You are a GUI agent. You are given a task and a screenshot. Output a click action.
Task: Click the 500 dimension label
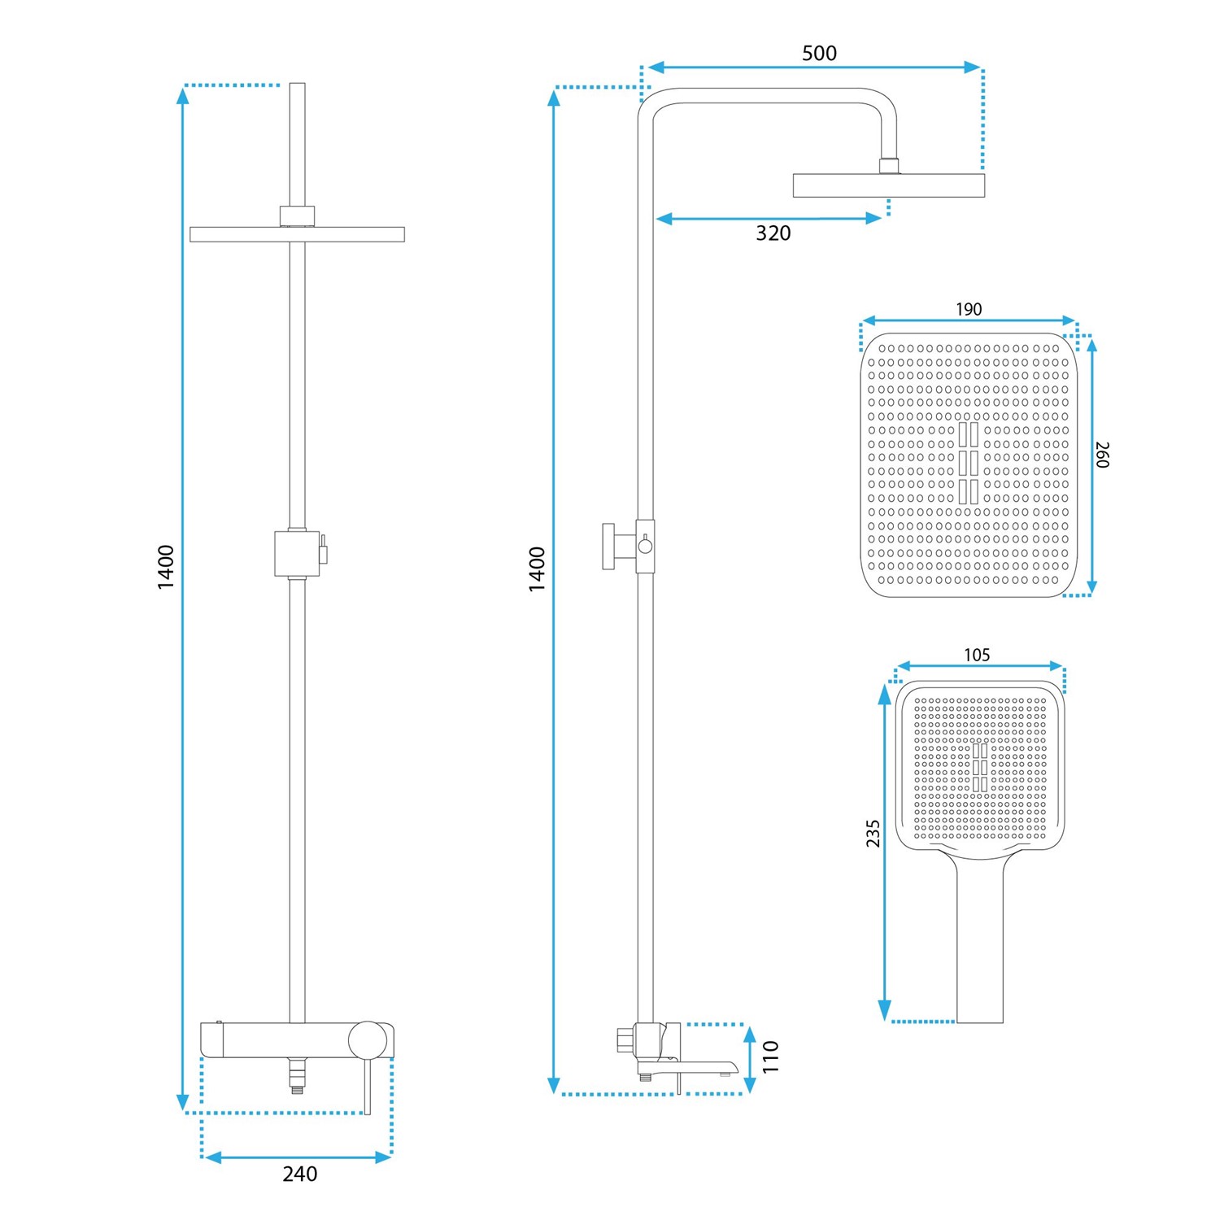pyautogui.click(x=819, y=54)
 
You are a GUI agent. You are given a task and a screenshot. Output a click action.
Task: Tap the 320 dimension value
pyautogui.click(x=773, y=233)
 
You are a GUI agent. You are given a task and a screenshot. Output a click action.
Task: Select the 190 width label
pyautogui.click(x=969, y=309)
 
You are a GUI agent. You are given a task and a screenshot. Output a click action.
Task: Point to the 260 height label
pyautogui.click(x=1102, y=455)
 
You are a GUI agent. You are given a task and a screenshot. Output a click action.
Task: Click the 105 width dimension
pyautogui.click(x=977, y=655)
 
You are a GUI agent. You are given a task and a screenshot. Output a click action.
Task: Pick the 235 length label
pyautogui.click(x=873, y=834)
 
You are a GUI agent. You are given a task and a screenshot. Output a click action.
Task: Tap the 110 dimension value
pyautogui.click(x=771, y=1057)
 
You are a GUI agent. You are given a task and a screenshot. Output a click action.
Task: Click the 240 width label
pyautogui.click(x=300, y=1174)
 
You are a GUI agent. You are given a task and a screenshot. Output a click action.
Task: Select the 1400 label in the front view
pyautogui.click(x=166, y=567)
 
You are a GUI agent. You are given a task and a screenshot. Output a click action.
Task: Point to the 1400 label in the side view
pyautogui.click(x=537, y=569)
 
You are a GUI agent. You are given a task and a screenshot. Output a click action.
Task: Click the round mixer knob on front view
pyautogui.click(x=368, y=1040)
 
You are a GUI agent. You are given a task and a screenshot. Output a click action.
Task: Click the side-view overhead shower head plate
pyautogui.click(x=889, y=185)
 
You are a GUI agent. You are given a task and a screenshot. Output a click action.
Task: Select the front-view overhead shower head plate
pyautogui.click(x=297, y=234)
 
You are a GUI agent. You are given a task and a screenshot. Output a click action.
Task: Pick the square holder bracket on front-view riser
pyautogui.click(x=297, y=553)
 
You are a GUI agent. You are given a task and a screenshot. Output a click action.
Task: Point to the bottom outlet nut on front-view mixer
pyautogui.click(x=298, y=1075)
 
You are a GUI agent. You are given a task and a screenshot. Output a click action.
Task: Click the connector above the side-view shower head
pyautogui.click(x=890, y=165)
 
